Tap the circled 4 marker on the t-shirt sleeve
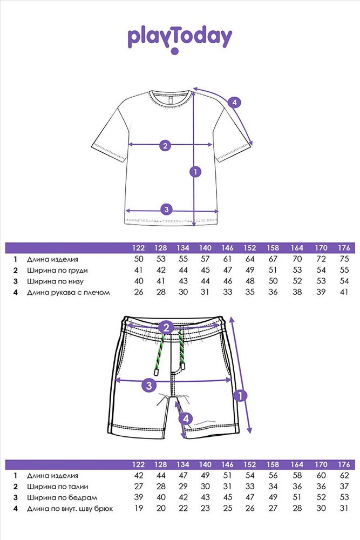click(234, 102)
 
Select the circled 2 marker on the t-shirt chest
click(165, 145)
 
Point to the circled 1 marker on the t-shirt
click(195, 172)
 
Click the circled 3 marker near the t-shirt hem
click(167, 209)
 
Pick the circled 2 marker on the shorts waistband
click(166, 327)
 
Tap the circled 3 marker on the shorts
click(149, 385)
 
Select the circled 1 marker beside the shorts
click(240, 396)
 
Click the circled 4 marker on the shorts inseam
click(186, 419)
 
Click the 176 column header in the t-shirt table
click(344, 248)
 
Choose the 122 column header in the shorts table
click(138, 464)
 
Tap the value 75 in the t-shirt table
click(344, 259)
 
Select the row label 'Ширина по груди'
click(57, 271)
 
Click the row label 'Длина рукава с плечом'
click(69, 292)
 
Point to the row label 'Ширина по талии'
click(58, 487)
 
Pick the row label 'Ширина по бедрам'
click(62, 498)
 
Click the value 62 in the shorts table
click(344, 476)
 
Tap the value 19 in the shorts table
click(139, 508)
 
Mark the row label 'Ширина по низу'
click(56, 281)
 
